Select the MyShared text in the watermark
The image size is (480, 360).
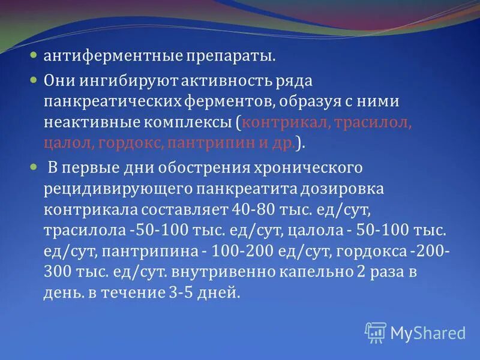(428, 333)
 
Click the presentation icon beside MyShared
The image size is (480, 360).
(376, 332)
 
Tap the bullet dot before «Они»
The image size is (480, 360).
(35, 79)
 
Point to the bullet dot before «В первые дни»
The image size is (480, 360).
(35, 166)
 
